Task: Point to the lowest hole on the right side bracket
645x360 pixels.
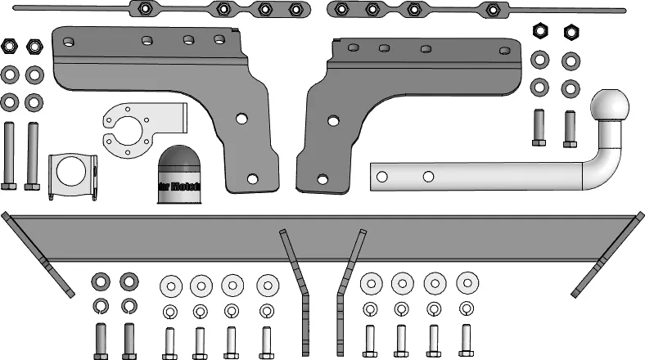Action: (323, 178)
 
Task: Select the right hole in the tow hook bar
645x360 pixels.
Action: (427, 175)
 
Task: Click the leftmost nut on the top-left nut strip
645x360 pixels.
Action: (143, 10)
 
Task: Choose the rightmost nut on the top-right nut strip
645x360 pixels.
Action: (493, 10)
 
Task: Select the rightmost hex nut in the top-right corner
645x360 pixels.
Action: (570, 33)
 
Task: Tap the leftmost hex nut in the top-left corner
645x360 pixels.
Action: (10, 46)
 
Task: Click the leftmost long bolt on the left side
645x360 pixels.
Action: (9, 155)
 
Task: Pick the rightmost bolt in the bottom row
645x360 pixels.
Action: (466, 340)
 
